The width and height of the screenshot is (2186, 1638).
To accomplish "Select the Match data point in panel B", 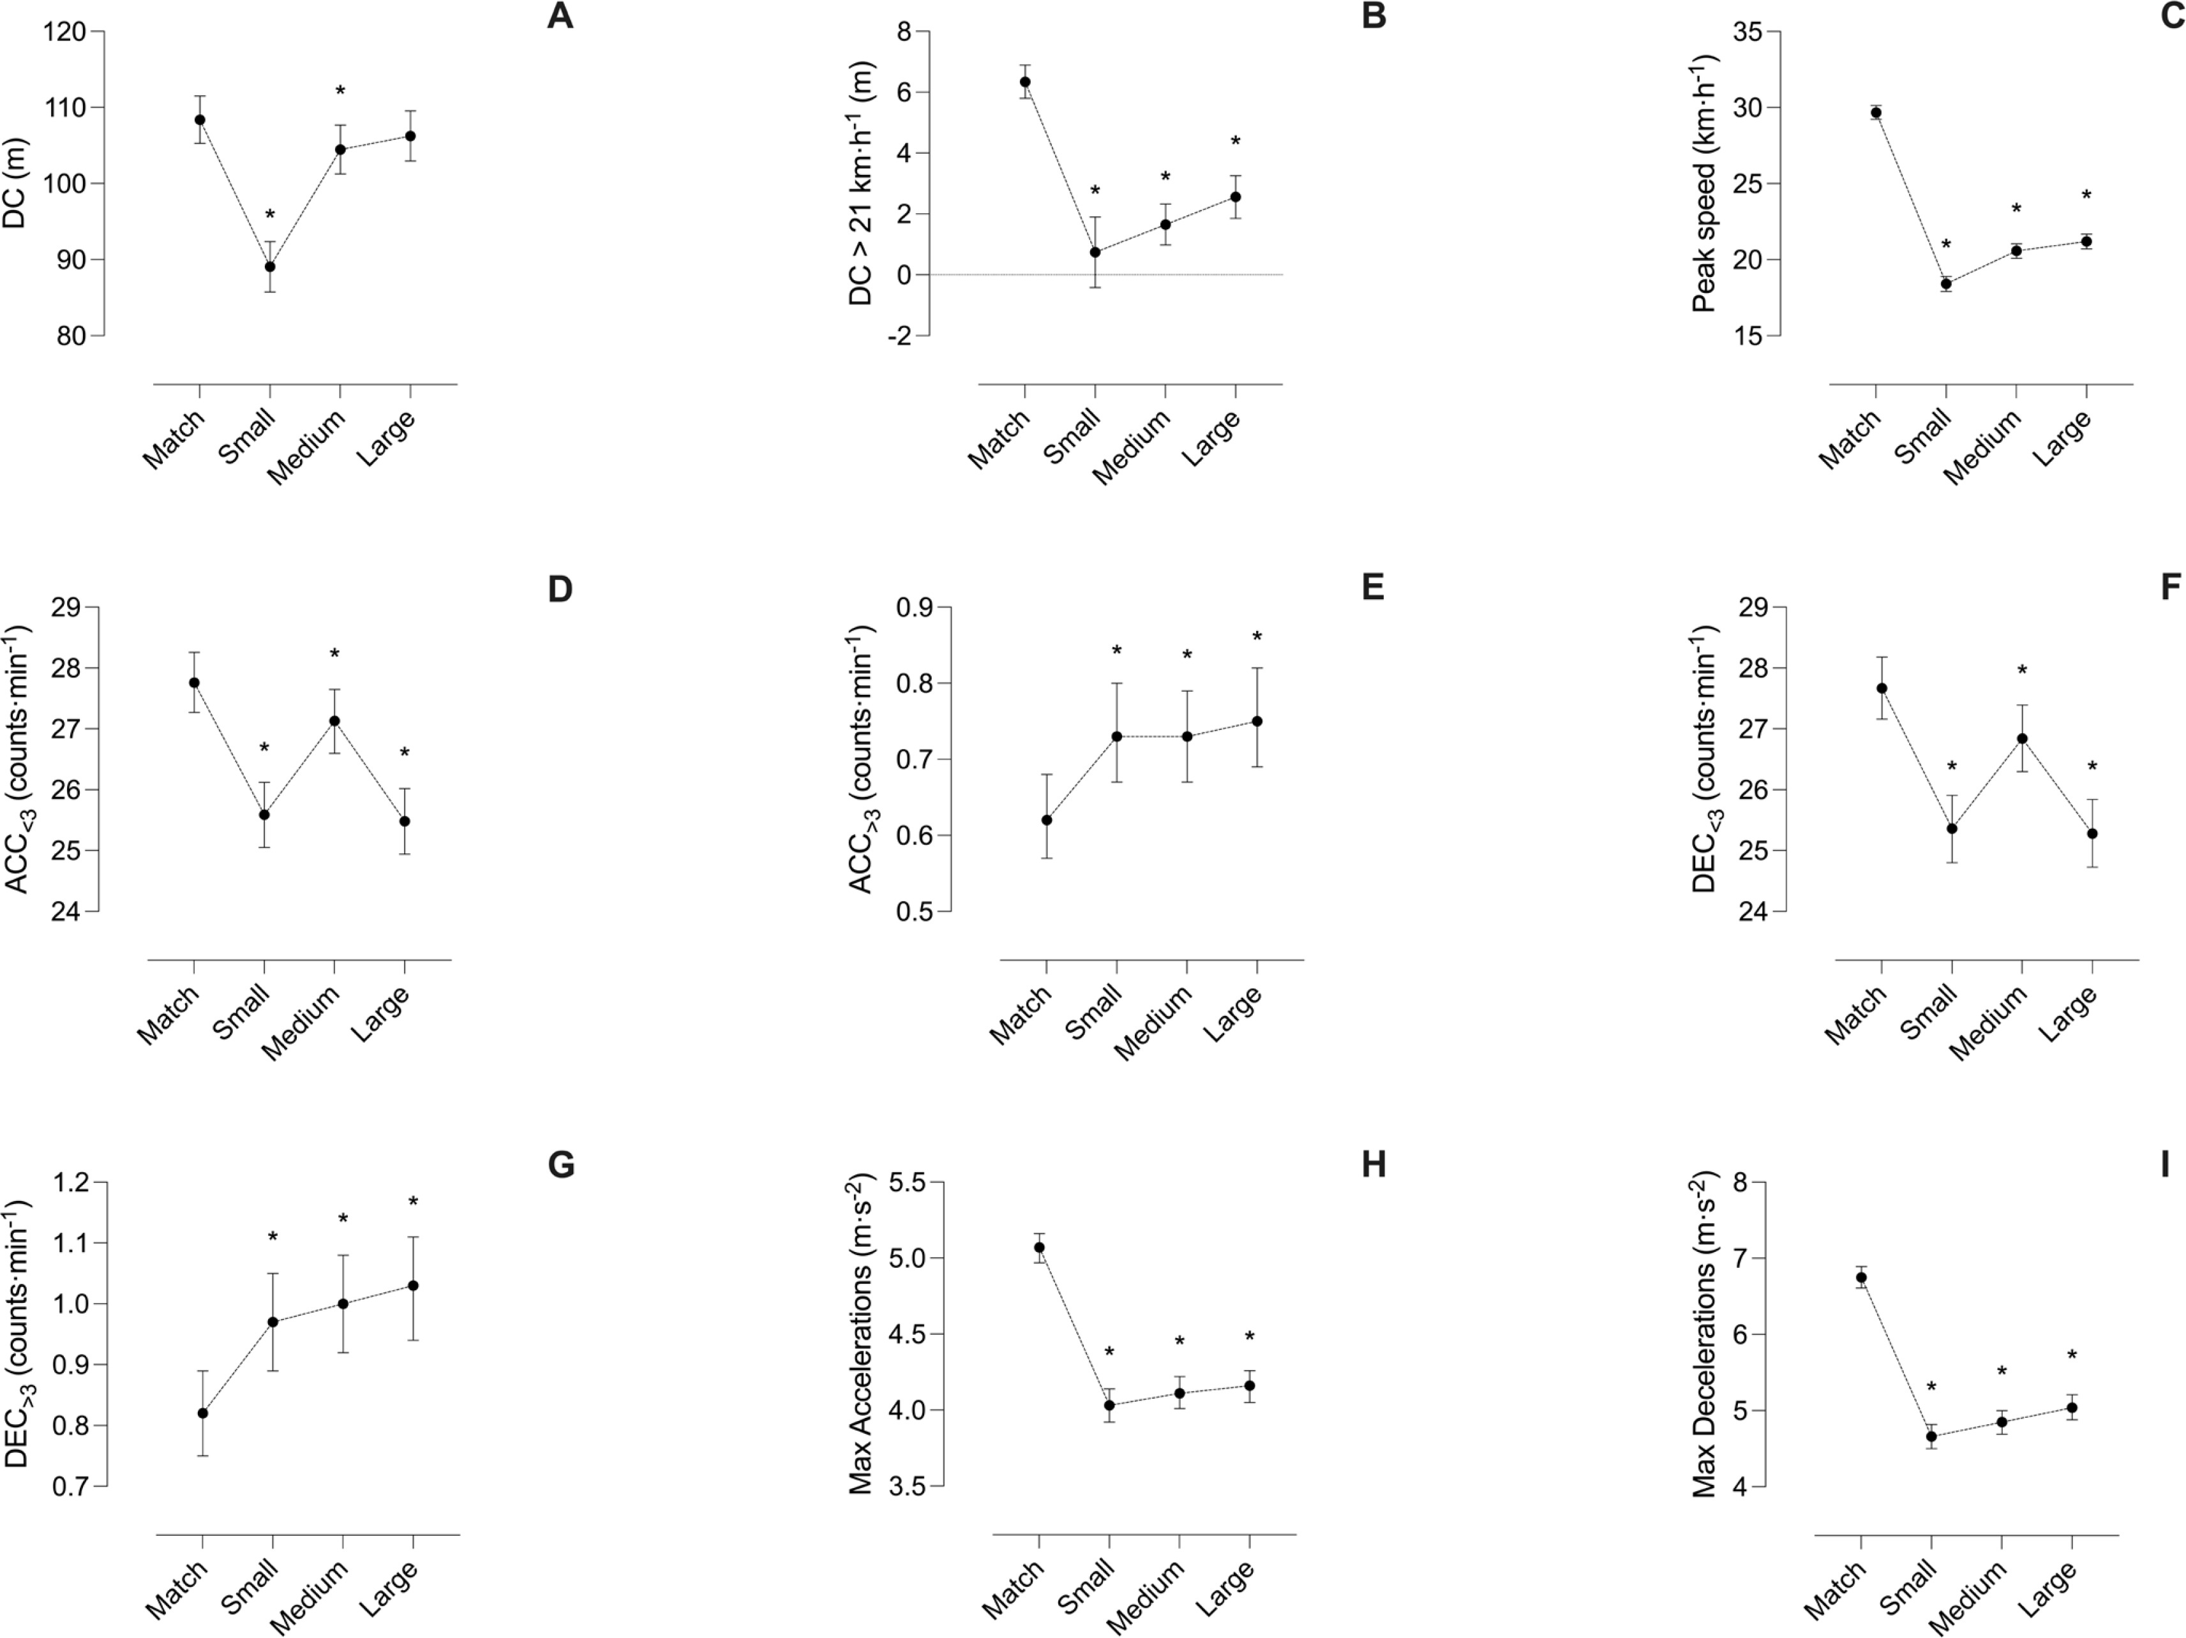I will [x=1025, y=82].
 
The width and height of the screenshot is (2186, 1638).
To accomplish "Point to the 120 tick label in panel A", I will [x=64, y=32].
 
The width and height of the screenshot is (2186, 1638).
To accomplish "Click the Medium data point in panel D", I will [x=334, y=721].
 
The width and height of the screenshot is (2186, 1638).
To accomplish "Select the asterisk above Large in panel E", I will [x=1257, y=637].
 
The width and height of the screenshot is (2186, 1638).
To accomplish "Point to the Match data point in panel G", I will [x=202, y=1413].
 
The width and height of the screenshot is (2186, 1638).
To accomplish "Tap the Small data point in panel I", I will [x=1931, y=1438].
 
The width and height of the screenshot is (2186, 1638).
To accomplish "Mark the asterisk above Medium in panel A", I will [x=341, y=92].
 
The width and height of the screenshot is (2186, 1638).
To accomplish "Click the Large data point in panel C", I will [x=2086, y=241].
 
